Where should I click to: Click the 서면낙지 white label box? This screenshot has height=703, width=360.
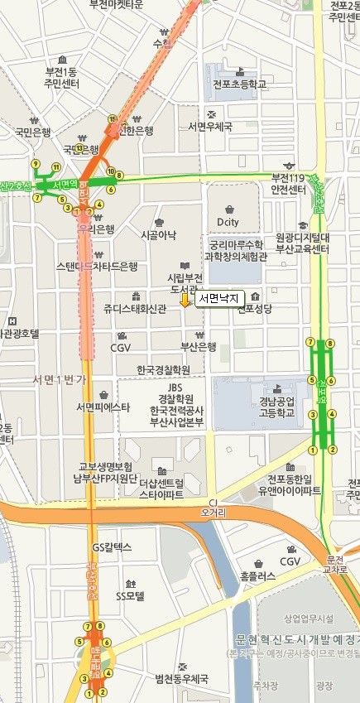tap(218, 298)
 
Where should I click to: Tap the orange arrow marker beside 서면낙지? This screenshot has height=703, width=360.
tap(185, 302)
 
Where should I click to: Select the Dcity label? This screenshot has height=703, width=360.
tap(228, 222)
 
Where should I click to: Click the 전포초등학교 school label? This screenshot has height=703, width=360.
tap(239, 84)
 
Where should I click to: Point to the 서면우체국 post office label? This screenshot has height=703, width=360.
tap(210, 126)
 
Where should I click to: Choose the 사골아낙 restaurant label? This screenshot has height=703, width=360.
tap(158, 234)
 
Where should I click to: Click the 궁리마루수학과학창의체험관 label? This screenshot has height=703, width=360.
tap(237, 250)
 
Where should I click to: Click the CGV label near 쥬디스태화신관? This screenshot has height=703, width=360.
tap(121, 347)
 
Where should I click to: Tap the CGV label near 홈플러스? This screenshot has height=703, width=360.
tap(290, 561)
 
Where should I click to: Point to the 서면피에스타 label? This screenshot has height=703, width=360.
tap(103, 407)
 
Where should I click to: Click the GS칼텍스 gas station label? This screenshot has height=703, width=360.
tap(112, 547)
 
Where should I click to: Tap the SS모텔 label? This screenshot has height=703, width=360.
tap(130, 595)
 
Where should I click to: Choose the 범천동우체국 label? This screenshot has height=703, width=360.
tap(181, 678)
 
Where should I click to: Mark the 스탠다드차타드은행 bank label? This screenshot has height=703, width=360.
tap(96, 266)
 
